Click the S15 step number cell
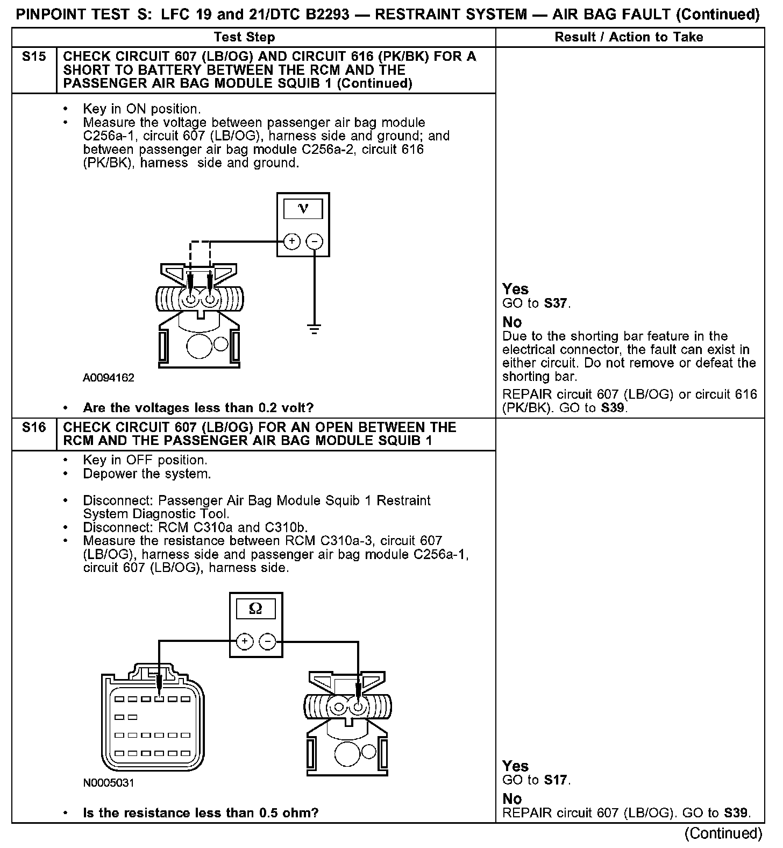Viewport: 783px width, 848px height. (x=34, y=56)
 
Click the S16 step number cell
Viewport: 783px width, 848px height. (x=34, y=428)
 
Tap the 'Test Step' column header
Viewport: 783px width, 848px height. (x=244, y=37)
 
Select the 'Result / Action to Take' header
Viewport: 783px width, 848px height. (x=629, y=37)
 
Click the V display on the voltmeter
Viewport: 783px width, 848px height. (x=303, y=209)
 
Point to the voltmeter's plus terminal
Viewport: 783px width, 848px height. (x=291, y=242)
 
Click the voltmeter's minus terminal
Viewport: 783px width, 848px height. (x=315, y=242)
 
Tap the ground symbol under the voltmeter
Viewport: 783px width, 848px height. (x=315, y=328)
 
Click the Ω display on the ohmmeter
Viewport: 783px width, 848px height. (x=256, y=609)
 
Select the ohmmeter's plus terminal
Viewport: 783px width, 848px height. (x=244, y=641)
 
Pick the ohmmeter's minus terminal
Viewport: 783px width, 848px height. (x=267, y=641)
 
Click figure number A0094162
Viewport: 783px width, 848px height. (x=109, y=378)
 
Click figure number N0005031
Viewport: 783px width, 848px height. (x=109, y=783)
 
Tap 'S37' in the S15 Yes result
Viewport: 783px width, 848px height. (x=556, y=303)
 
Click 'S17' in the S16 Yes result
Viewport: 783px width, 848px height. (x=556, y=780)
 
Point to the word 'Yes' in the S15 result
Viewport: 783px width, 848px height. (x=515, y=289)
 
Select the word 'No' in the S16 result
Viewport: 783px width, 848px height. (x=512, y=798)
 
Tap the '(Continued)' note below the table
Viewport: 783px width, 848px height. (x=723, y=833)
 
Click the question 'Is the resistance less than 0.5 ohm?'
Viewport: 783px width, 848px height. (x=201, y=812)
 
